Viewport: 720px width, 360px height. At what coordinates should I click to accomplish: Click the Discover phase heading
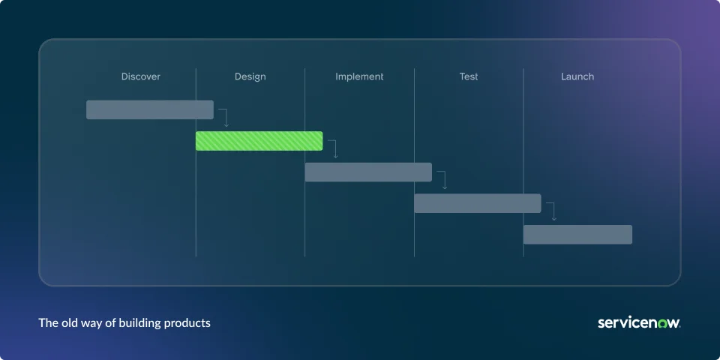(140, 76)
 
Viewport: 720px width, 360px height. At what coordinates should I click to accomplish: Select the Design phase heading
(250, 76)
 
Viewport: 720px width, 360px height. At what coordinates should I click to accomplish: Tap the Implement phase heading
(359, 76)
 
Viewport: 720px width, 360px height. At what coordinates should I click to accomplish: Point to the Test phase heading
(468, 76)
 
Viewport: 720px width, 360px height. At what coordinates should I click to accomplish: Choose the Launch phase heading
(577, 76)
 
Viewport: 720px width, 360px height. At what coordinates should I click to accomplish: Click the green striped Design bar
(259, 141)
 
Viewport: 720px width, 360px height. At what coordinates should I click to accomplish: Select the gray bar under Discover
(150, 109)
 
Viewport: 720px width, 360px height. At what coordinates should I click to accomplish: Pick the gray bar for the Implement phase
(368, 172)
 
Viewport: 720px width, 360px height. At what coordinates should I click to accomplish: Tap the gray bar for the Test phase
(478, 203)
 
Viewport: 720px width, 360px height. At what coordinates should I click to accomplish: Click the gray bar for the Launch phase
(577, 235)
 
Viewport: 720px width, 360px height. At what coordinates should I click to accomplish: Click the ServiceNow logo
(639, 322)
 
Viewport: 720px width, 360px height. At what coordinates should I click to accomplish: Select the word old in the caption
(67, 322)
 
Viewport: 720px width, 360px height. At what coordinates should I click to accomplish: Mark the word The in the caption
(47, 322)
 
